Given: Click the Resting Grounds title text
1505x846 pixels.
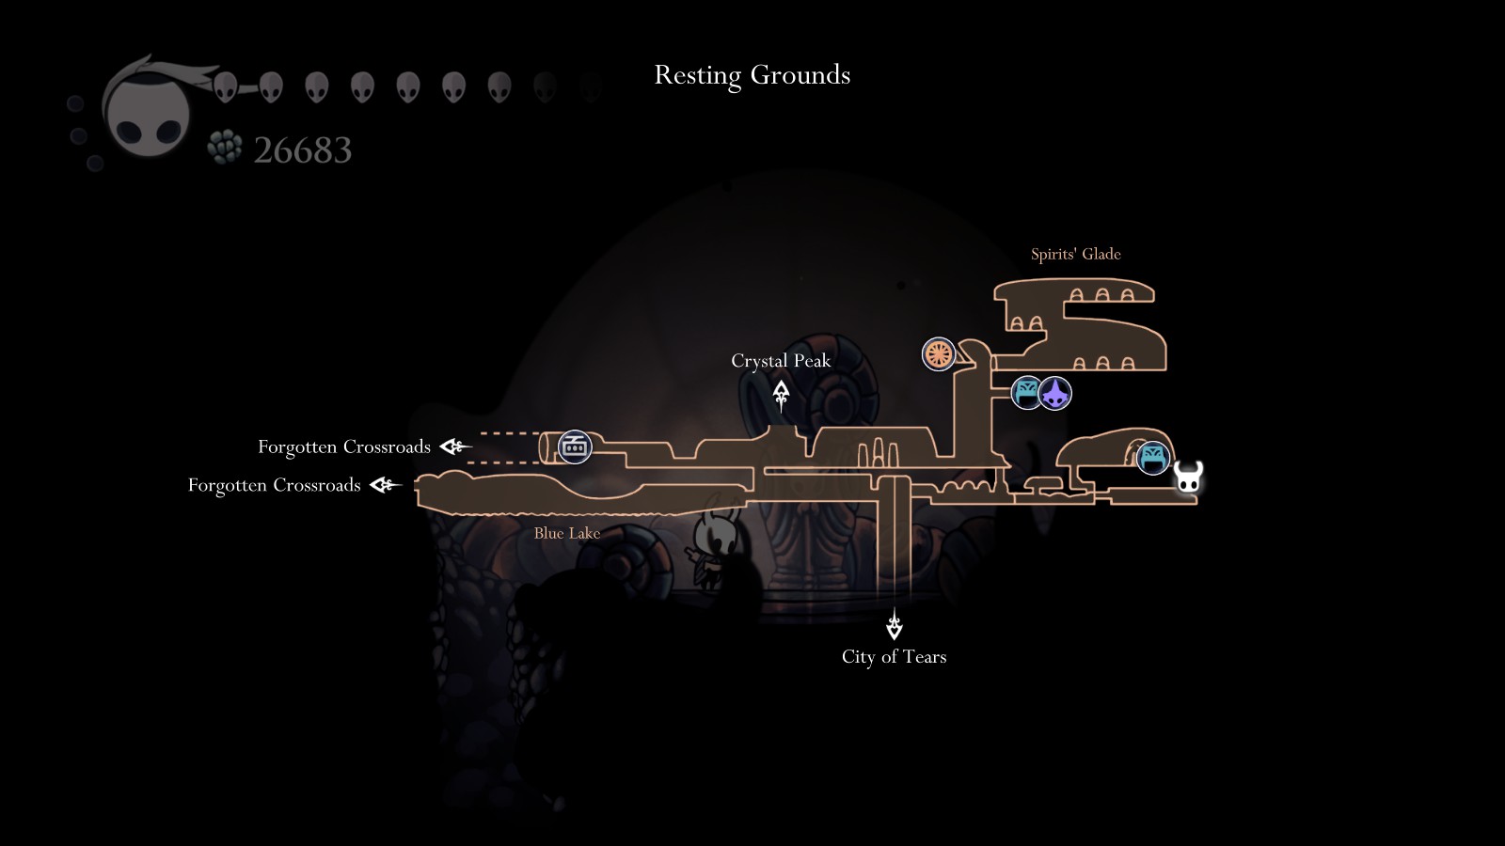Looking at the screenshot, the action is [x=752, y=75].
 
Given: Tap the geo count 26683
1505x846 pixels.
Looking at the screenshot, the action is [x=303, y=150].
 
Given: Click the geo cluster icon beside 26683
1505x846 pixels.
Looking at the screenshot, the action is [x=224, y=148].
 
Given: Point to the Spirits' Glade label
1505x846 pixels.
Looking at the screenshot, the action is [x=1075, y=254].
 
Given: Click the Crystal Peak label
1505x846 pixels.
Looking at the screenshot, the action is [x=781, y=361].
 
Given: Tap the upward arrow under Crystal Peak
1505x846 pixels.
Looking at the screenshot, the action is [x=781, y=395].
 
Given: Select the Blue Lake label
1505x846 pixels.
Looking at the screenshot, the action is [x=566, y=533].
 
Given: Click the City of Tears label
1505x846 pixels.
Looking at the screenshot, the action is [x=894, y=657].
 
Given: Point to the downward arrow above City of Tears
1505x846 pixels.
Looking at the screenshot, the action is [x=894, y=624].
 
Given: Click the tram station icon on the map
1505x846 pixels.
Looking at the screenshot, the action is [x=574, y=446].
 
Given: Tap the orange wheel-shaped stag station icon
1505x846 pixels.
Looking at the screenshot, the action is [x=938, y=354].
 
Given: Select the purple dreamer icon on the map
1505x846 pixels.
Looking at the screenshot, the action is [x=1055, y=393].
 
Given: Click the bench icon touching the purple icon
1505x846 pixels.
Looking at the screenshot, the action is [x=1026, y=393].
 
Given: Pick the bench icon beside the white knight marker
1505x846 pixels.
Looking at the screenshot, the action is [x=1152, y=458].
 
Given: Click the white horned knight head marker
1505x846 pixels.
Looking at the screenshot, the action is [x=1188, y=478].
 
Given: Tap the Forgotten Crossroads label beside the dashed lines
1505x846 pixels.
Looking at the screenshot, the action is [x=344, y=446].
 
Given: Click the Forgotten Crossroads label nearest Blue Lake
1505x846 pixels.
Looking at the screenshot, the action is [x=274, y=485].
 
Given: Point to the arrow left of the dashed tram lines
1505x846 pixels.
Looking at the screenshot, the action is [x=456, y=446].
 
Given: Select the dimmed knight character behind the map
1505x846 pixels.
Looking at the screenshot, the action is [x=710, y=550].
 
